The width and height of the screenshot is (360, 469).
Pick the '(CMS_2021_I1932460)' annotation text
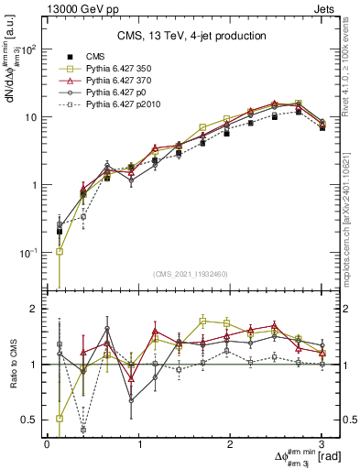point(191,273)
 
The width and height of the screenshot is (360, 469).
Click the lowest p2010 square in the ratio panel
point(83,429)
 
